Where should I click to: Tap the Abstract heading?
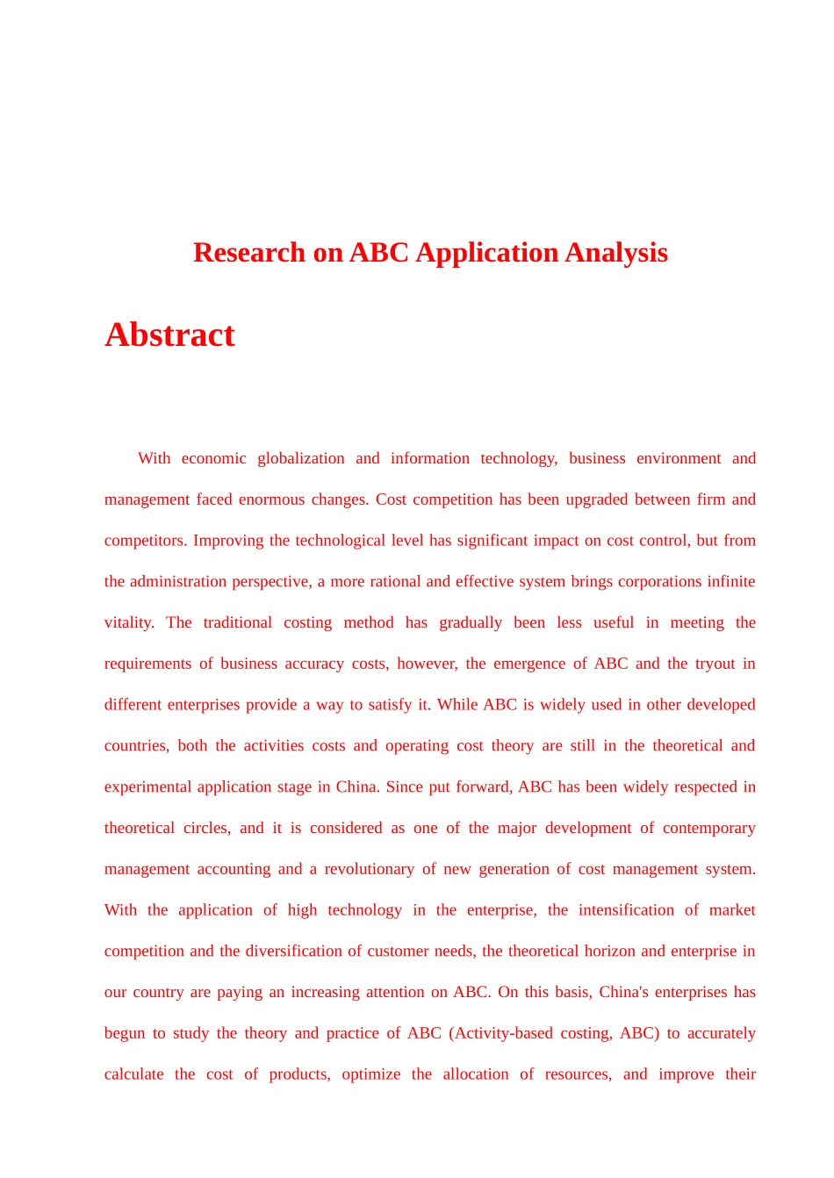coord(169,335)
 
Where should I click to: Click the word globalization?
coord(300,458)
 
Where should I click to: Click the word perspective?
coord(262,582)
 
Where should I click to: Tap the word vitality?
coord(128,623)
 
